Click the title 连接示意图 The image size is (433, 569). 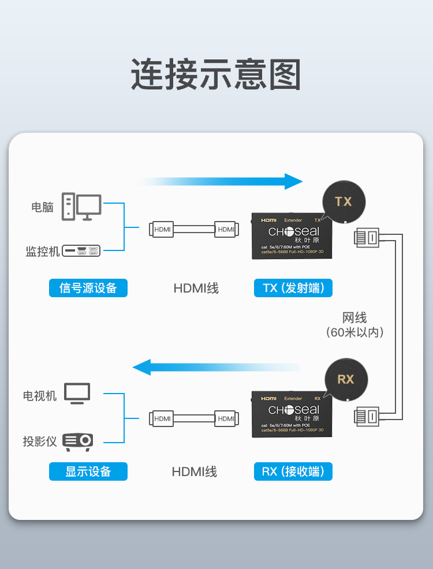[216, 74]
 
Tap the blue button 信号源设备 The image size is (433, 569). [88, 287]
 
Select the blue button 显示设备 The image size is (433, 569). [88, 471]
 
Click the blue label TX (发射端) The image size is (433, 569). [293, 287]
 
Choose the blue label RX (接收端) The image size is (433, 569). [293, 471]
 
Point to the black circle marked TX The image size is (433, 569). [344, 201]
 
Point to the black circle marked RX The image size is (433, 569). [345, 379]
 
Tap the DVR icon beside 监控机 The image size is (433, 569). [81, 251]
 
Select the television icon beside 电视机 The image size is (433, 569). [77, 394]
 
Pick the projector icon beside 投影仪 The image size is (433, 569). [77, 441]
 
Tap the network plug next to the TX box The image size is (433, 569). [367, 237]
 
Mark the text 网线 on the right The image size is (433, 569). [354, 317]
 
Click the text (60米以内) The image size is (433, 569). [354, 332]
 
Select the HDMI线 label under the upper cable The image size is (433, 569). [196, 287]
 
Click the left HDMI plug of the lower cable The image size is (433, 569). [162, 418]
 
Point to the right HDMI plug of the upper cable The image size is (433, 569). [226, 229]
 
